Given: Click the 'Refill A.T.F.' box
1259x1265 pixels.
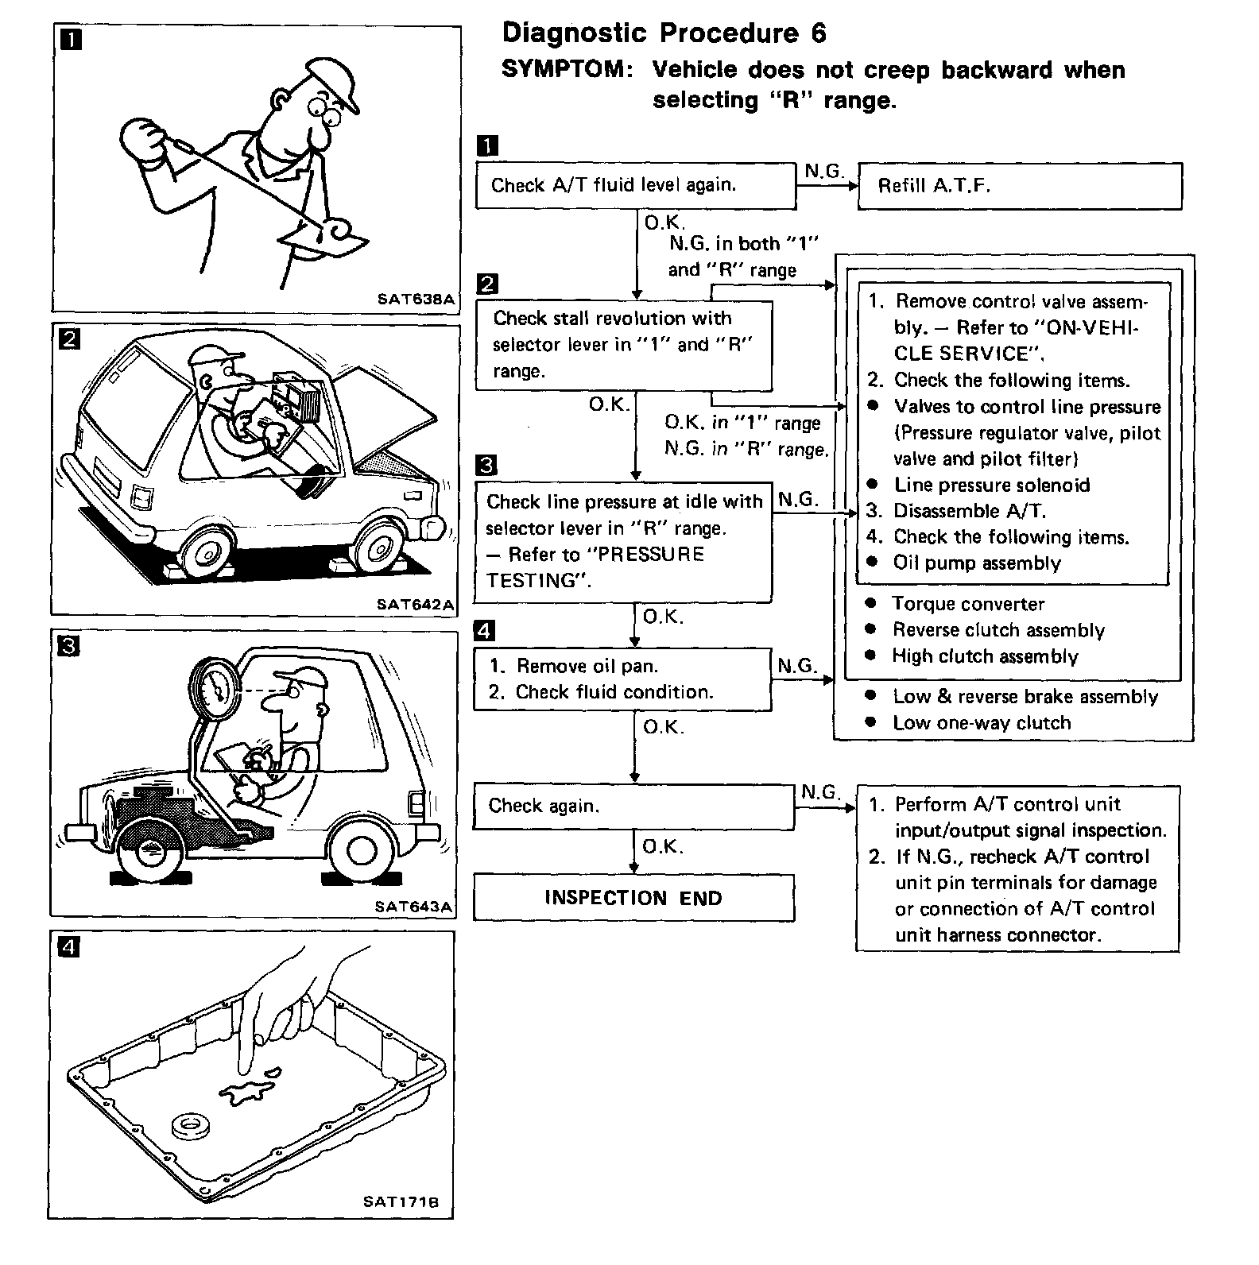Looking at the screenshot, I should pos(1020,187).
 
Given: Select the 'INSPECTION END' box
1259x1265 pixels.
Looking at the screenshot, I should pos(633,898).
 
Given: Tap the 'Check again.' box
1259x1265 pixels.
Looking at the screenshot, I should pos(633,807).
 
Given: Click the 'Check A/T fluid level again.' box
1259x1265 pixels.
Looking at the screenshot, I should pos(635,186).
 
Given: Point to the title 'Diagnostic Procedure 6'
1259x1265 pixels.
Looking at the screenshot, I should pos(664,33).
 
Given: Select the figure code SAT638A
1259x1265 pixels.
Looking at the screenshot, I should pos(416,300).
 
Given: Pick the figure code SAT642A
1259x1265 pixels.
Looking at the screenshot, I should pos(415,605).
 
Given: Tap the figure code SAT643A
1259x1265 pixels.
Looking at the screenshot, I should pos(414,906).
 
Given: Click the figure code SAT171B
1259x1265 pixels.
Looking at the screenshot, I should pos(401,1201).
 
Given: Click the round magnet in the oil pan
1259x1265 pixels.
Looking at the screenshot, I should pos(188,1125).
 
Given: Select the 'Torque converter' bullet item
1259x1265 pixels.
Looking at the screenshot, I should pos(967,604).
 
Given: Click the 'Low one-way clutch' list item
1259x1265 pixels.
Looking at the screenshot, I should pos(982,723).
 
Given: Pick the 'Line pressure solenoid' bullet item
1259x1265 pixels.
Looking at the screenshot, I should pos(991,485).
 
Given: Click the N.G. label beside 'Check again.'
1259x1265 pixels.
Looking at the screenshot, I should pos(820,792).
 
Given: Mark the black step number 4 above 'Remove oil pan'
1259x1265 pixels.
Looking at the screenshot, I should pos(484,632).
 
